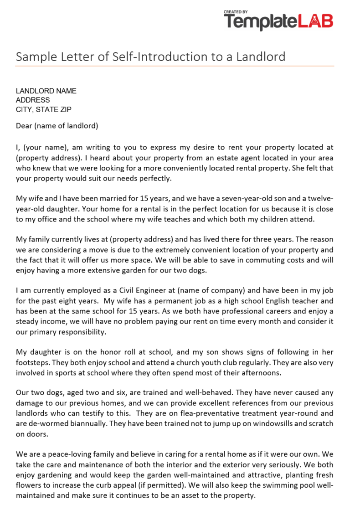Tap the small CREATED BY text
point(236,12)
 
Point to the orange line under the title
point(175,66)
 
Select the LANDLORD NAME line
point(46,91)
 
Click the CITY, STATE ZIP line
point(43,109)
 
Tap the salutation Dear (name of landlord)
point(57,126)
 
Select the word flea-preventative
point(204,413)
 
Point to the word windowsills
point(253,424)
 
